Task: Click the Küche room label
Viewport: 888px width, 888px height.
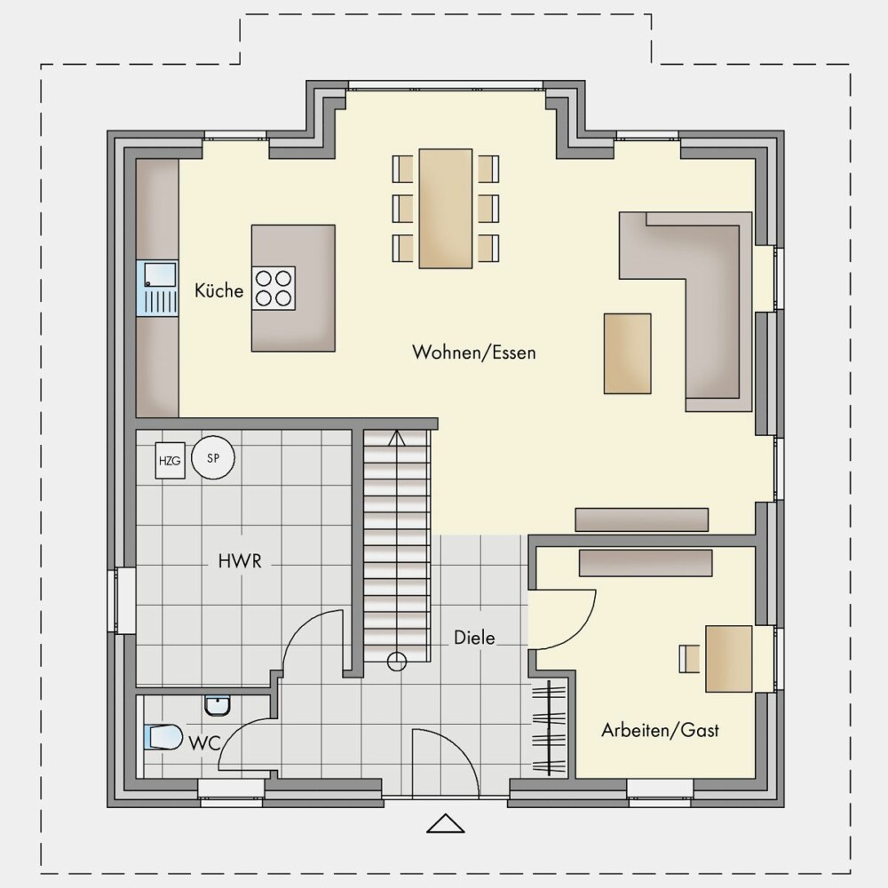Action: point(218,290)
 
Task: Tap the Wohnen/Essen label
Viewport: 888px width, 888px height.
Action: point(473,353)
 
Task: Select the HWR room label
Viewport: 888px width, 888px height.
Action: point(240,561)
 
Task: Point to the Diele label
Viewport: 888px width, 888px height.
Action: point(474,638)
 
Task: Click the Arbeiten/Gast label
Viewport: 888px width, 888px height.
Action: point(660,730)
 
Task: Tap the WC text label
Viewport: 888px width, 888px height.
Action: point(204,743)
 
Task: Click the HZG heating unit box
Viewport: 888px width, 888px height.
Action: point(170,460)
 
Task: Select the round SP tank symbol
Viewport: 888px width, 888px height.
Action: point(213,457)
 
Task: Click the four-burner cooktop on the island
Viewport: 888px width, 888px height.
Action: point(274,289)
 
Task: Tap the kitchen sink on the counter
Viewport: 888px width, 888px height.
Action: point(157,288)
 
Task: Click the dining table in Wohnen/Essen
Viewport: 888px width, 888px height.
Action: point(446,209)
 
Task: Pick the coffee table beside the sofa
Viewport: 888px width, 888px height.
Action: point(628,353)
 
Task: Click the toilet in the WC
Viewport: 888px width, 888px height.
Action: point(163,737)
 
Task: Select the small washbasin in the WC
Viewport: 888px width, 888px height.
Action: point(218,706)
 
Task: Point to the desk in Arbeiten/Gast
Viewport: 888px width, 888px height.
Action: point(729,659)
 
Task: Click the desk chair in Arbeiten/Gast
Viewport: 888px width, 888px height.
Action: point(690,659)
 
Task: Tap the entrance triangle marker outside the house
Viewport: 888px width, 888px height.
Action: point(446,823)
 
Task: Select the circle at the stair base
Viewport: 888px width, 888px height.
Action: point(396,662)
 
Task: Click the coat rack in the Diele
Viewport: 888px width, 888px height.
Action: point(549,727)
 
